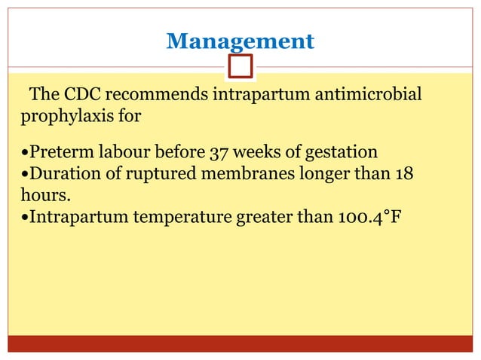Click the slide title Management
coord(240,41)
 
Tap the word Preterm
coord(56,152)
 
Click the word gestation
coord(339,152)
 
